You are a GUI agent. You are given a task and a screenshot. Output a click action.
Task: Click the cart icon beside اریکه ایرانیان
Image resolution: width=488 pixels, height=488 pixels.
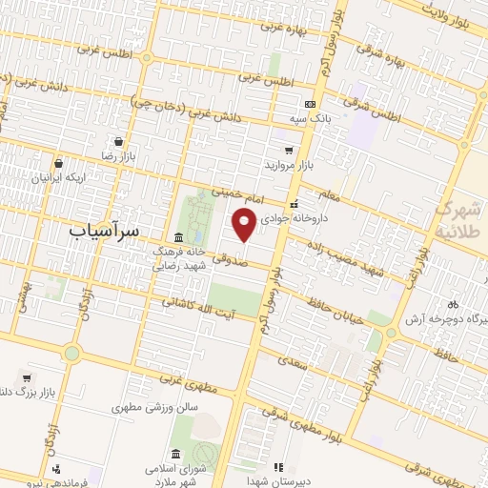pyautogui.click(x=58, y=163)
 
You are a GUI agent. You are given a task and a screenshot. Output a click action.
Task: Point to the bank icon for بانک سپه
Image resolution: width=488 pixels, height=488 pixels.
pyautogui.click(x=309, y=104)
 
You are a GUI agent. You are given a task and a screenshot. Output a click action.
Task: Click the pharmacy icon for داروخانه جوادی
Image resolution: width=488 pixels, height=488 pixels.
pyautogui.click(x=295, y=203)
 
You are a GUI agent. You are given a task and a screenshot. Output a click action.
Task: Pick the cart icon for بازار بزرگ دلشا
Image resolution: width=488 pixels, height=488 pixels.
pyautogui.click(x=26, y=376)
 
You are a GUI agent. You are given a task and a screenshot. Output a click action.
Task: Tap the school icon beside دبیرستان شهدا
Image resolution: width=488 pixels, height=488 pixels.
pyautogui.click(x=278, y=467)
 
